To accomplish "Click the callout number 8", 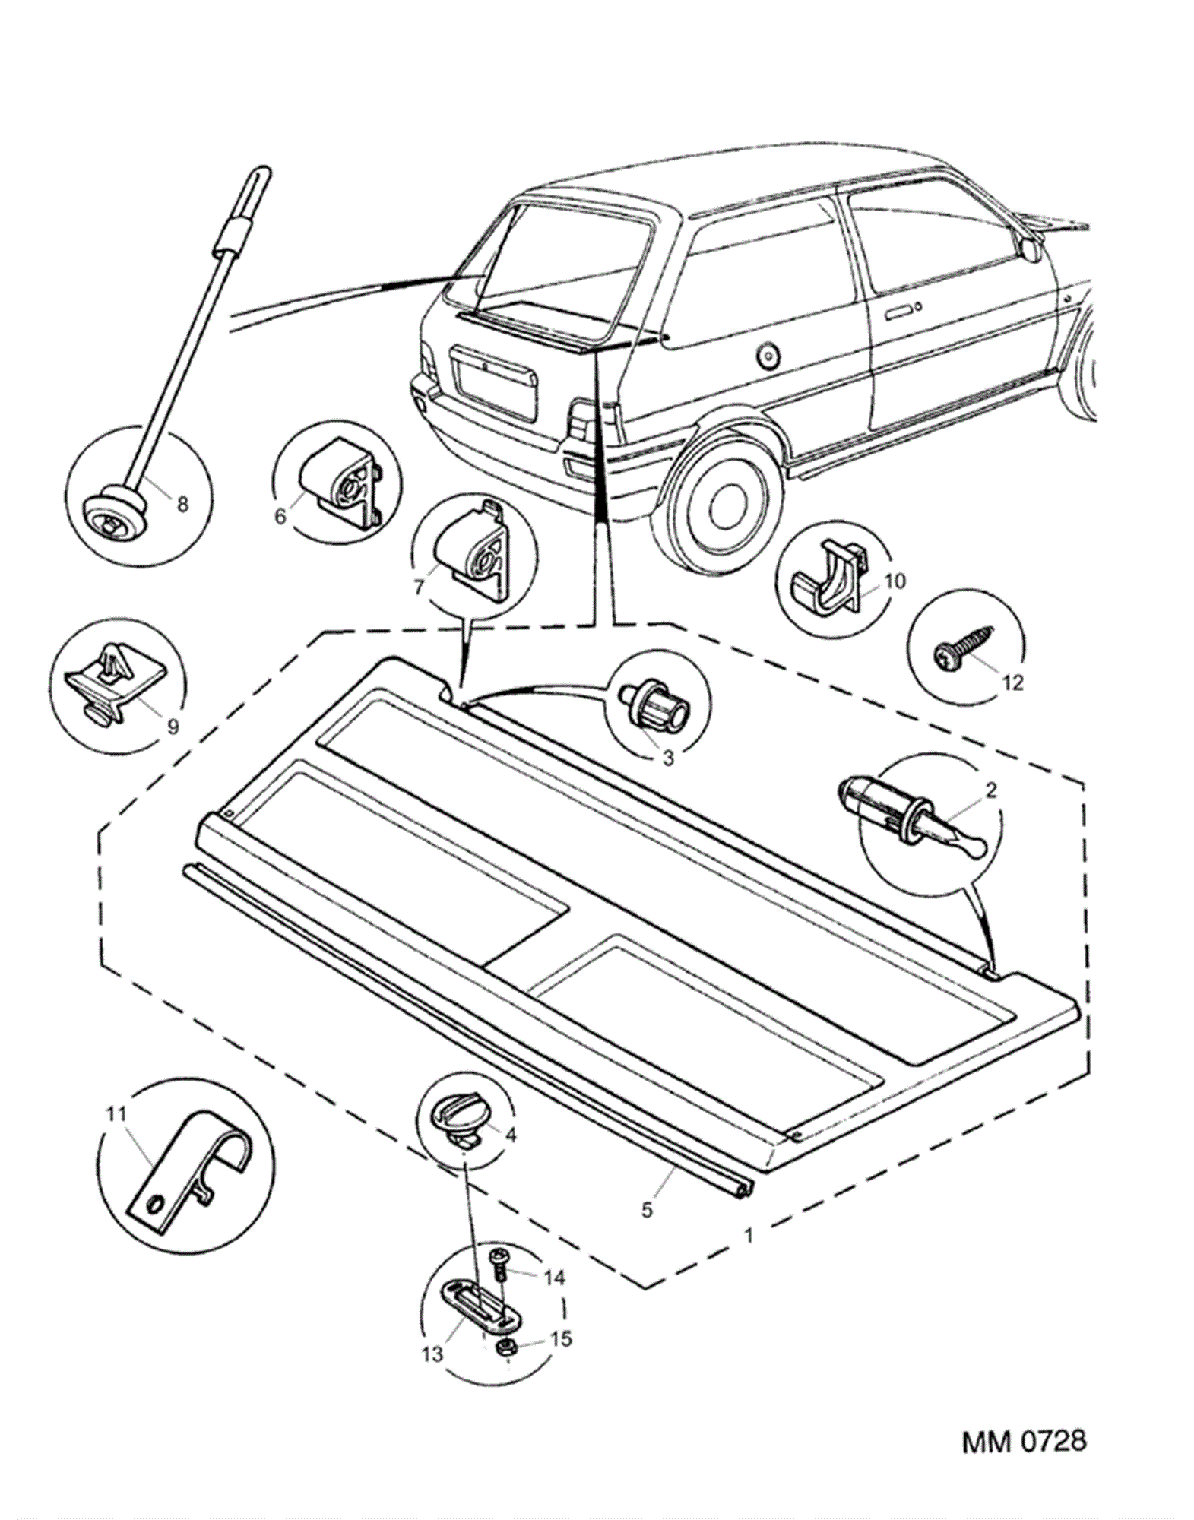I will [x=182, y=504].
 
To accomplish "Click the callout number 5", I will [x=647, y=1209].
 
